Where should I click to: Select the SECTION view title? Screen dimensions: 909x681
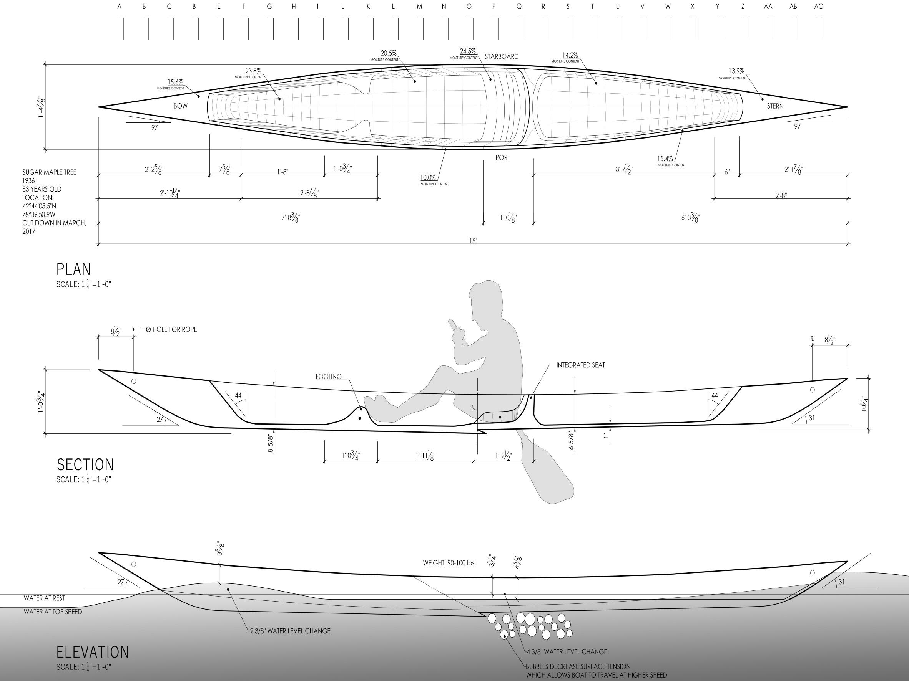point(85,464)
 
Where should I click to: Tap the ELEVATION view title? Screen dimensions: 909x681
point(93,652)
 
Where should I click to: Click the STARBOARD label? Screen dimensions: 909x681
point(501,57)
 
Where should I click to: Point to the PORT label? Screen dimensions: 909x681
point(503,158)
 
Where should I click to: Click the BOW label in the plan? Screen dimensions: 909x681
point(180,106)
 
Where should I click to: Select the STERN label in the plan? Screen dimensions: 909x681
point(775,106)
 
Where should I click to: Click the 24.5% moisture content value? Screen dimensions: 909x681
point(468,51)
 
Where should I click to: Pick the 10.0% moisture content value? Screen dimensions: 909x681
point(428,178)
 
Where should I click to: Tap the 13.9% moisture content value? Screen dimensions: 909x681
point(736,71)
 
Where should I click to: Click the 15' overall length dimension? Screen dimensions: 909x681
point(473,241)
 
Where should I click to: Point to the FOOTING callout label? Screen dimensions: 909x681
point(328,377)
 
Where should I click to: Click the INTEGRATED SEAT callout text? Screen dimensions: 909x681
point(580,365)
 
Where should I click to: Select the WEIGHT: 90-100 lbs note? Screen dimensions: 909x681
point(448,563)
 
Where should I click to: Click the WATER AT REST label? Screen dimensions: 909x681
point(44,598)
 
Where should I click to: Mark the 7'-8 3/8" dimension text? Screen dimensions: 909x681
point(291,218)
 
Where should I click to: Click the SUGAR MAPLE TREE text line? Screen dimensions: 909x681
point(49,172)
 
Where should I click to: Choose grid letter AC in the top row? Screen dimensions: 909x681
point(819,7)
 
